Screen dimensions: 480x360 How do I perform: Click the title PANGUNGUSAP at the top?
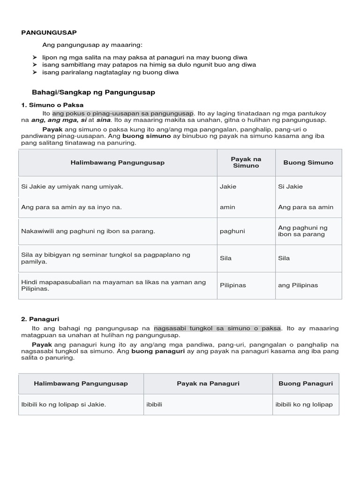coord(49,32)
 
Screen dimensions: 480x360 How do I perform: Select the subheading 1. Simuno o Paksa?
coord(52,105)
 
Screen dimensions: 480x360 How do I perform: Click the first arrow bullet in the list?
coord(35,57)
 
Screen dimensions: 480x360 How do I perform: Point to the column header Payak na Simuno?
coord(246,163)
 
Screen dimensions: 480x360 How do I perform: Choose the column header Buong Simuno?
coord(308,163)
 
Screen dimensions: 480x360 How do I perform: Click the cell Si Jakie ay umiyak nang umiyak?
coord(72,187)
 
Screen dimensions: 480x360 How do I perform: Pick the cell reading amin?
coord(227,207)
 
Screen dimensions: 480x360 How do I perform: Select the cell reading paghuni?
coord(232,231)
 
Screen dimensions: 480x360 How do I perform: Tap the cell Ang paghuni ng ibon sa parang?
coord(303,231)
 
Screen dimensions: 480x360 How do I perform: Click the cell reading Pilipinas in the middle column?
coord(233,285)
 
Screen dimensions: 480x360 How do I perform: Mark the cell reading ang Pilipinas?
coord(298,285)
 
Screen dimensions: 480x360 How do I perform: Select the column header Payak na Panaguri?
coord(208,383)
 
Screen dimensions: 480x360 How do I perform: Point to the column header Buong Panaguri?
coord(306,383)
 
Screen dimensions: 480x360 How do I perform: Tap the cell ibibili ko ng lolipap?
coord(304,405)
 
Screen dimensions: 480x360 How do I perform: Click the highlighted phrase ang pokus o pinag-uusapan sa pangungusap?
coord(123,113)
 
